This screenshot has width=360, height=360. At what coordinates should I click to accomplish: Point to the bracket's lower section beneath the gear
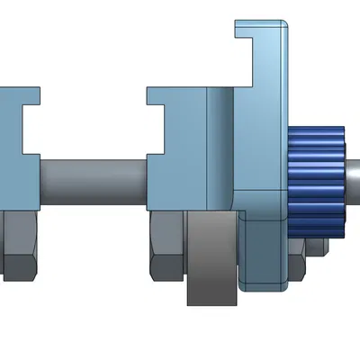(x=265, y=252)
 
